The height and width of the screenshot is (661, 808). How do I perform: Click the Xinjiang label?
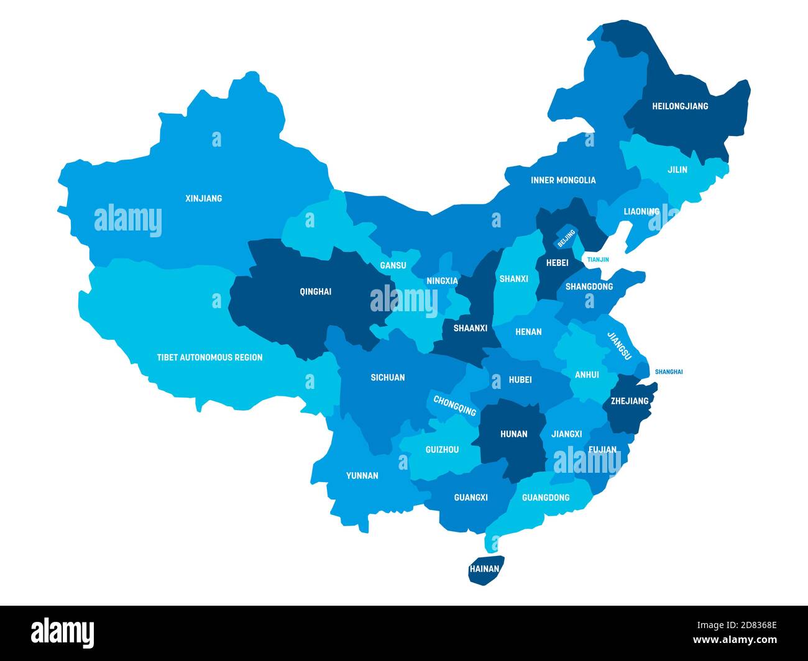(203, 199)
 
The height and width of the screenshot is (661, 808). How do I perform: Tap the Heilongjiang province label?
(680, 106)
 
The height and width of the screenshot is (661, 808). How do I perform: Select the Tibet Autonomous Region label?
(209, 357)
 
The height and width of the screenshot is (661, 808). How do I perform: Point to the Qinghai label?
(315, 291)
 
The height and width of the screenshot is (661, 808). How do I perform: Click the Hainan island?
(485, 569)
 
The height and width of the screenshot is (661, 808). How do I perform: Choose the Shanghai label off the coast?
(669, 372)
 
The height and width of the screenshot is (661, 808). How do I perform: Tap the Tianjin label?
(598, 260)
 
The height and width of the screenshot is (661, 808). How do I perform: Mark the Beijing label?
(566, 238)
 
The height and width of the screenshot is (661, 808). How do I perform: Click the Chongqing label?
(455, 406)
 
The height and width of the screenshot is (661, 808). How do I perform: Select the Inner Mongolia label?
(563, 180)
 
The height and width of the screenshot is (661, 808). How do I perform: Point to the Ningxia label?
(442, 281)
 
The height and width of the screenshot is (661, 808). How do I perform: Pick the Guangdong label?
(546, 498)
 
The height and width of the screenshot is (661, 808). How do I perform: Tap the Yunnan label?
(362, 476)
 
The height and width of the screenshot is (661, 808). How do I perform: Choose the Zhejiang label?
(629, 401)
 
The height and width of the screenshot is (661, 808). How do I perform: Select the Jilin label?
(677, 170)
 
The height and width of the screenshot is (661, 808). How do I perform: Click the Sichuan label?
(387, 378)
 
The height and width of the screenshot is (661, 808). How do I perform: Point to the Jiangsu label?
(619, 346)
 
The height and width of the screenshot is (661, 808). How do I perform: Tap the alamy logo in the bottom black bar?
(63, 632)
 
